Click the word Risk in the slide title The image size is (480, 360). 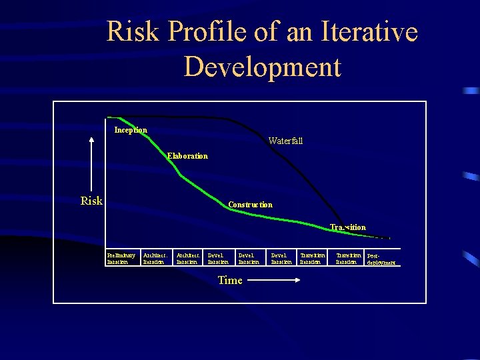[x=137, y=32]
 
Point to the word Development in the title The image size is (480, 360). [x=262, y=67]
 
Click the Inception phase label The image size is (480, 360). [x=131, y=130]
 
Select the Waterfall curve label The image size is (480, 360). [x=285, y=141]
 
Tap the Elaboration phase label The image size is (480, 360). [x=187, y=156]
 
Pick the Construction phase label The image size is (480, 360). [x=250, y=205]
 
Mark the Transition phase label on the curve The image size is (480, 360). [x=347, y=227]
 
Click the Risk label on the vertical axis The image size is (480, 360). [x=91, y=201]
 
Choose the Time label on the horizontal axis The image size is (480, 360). [x=230, y=280]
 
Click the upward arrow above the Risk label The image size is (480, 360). [x=91, y=163]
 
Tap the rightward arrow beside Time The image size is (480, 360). [x=274, y=281]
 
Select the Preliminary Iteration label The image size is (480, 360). [x=121, y=259]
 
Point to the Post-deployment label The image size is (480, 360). [x=381, y=259]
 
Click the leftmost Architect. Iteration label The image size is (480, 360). [x=155, y=259]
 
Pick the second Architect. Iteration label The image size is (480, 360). [x=188, y=259]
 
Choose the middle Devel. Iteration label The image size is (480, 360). [x=249, y=259]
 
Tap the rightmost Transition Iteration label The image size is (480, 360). [x=348, y=259]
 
